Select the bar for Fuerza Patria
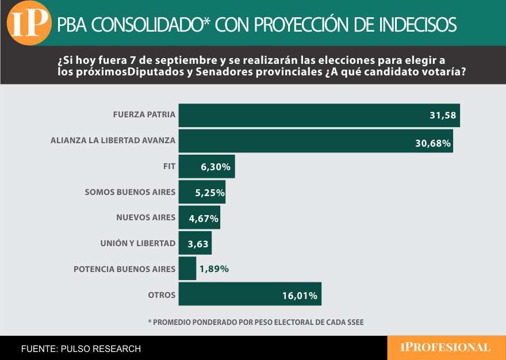tap(319, 115)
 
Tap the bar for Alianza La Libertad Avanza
tap(315, 141)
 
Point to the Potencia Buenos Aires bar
tap(187, 269)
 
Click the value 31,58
tap(442, 116)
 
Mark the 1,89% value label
tap(214, 269)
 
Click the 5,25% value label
tap(209, 193)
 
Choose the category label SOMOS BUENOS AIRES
tap(129, 192)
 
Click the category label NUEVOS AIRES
tap(145, 217)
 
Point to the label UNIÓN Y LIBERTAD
tap(137, 243)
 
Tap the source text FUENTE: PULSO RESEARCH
tap(80, 348)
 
